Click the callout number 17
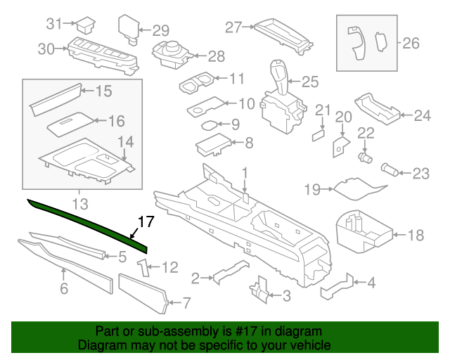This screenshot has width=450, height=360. pos(144,222)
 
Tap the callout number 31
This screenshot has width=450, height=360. pos(55,24)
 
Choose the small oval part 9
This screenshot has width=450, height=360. pos(210,126)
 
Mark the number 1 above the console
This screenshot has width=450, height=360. pos(245,172)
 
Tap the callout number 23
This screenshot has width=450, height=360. pos(420,172)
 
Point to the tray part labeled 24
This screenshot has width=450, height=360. pos(378,108)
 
